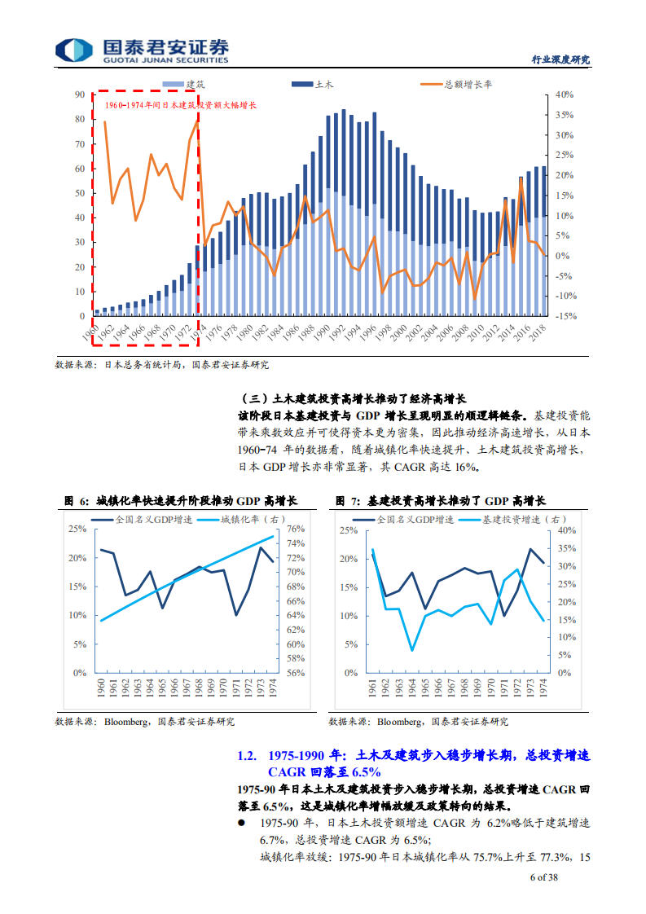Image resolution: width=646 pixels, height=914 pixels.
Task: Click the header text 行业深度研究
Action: coord(560,60)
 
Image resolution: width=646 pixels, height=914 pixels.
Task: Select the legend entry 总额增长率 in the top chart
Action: coord(468,84)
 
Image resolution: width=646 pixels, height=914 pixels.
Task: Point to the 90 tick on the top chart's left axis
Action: coord(80,94)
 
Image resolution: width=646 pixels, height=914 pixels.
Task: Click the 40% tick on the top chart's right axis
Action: coord(565,94)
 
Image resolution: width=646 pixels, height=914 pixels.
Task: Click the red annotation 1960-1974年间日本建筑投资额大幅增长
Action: coord(175,106)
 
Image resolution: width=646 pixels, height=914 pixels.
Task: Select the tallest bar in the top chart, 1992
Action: coord(344,212)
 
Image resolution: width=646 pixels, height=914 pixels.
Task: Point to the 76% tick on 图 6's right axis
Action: coord(296,529)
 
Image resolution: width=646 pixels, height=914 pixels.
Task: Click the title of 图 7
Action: coord(441,501)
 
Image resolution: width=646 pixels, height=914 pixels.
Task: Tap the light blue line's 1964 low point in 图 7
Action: coord(411,650)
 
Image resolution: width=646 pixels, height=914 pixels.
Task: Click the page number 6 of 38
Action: coord(543,877)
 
